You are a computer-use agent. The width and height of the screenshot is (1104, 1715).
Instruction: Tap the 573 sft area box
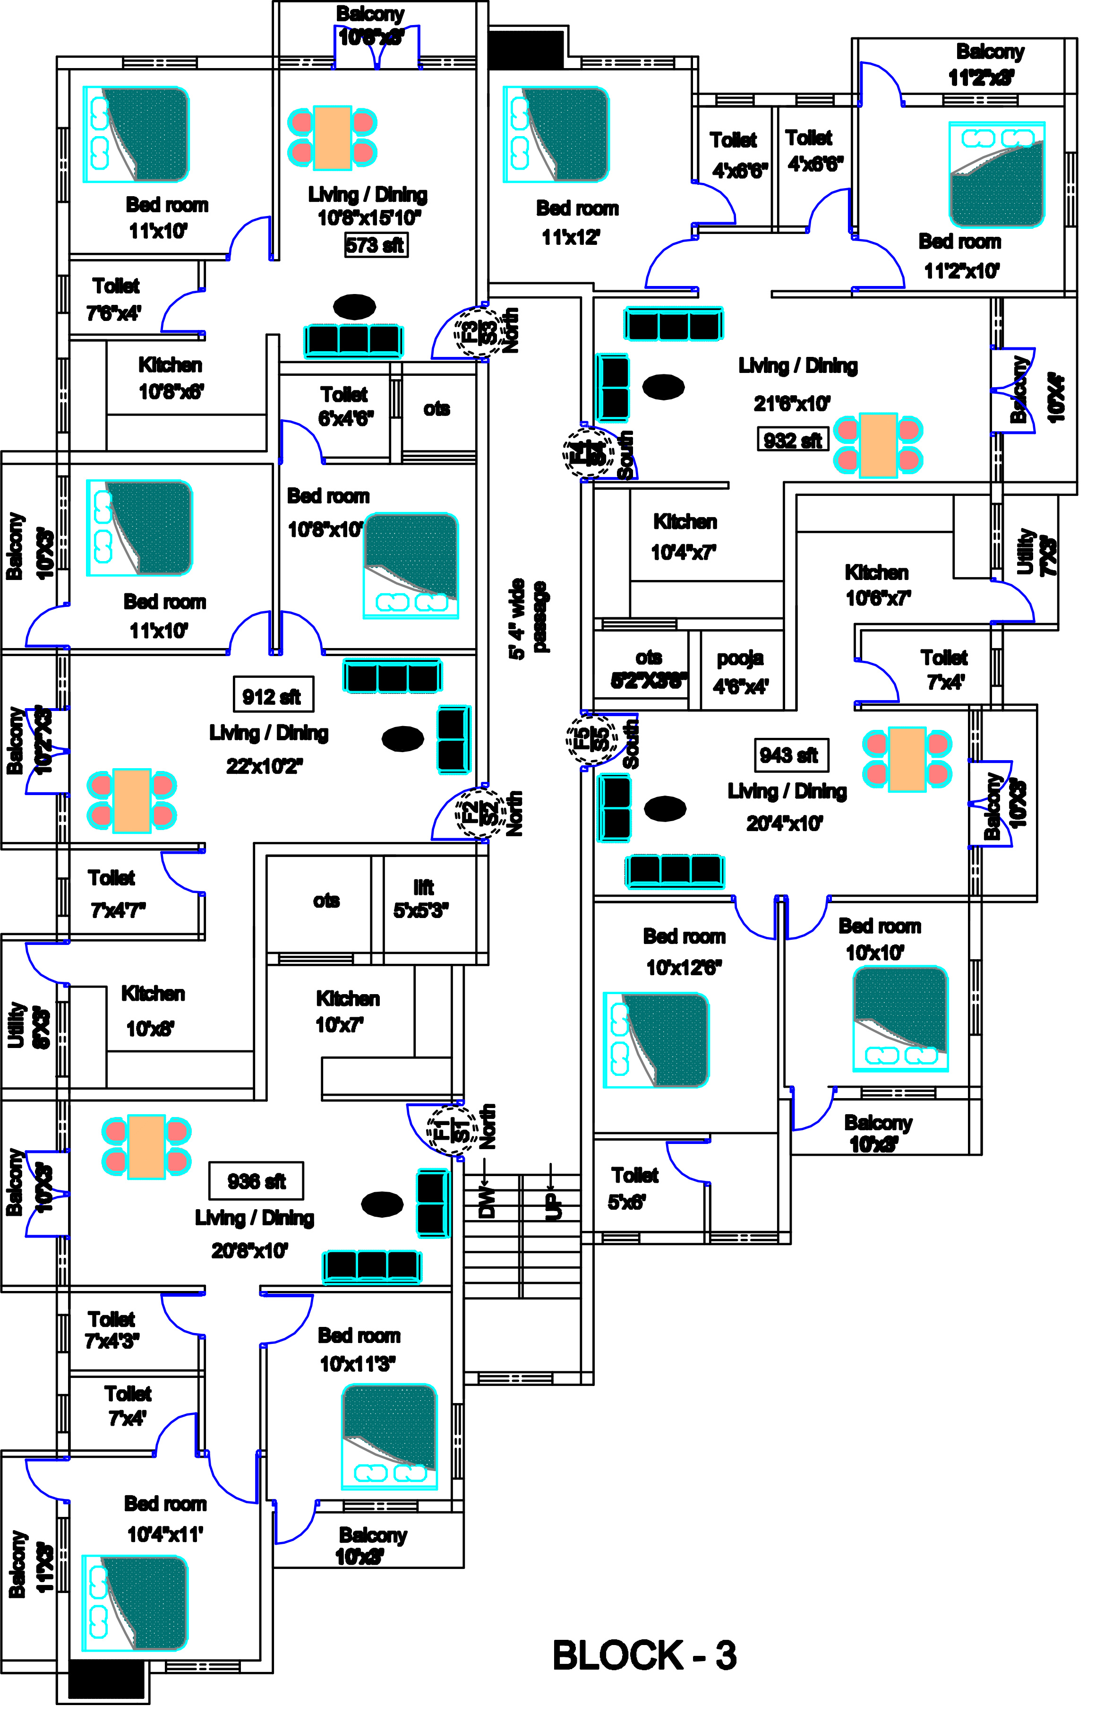tap(376, 245)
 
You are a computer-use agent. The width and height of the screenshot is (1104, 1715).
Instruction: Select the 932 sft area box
tap(792, 440)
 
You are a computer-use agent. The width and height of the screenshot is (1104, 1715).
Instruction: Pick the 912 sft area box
tap(273, 696)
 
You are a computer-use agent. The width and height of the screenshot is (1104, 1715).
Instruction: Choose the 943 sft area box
tap(791, 754)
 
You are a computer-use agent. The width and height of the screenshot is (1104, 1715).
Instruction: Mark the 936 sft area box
tap(256, 1181)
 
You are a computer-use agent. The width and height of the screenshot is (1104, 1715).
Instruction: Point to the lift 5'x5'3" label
tap(421, 899)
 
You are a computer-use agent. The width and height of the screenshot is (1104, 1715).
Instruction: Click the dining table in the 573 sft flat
tap(332, 138)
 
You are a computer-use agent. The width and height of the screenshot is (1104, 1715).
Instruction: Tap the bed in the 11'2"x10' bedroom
tap(996, 174)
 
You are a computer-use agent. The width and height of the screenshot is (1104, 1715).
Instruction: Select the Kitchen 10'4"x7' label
tap(684, 537)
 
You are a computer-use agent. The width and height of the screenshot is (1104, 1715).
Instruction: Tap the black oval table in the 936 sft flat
tap(382, 1204)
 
